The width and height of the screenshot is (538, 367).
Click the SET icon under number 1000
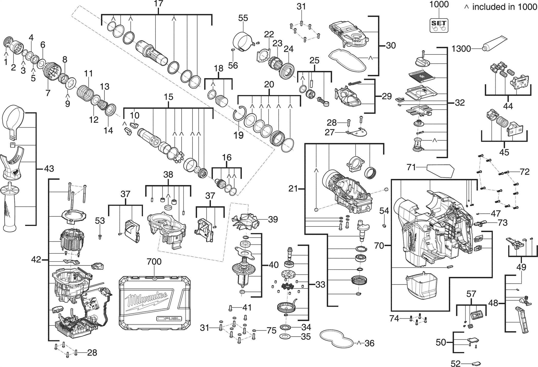(439, 25)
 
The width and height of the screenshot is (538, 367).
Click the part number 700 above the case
(154, 262)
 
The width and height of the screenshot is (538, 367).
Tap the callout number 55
(243, 18)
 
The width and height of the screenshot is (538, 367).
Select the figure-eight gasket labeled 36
(337, 340)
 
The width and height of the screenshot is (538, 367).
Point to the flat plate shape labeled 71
(441, 171)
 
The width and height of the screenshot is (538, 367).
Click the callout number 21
(293, 189)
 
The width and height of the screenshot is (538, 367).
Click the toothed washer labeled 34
(285, 327)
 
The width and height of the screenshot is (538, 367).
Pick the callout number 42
(36, 260)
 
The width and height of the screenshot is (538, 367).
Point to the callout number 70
(379, 246)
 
